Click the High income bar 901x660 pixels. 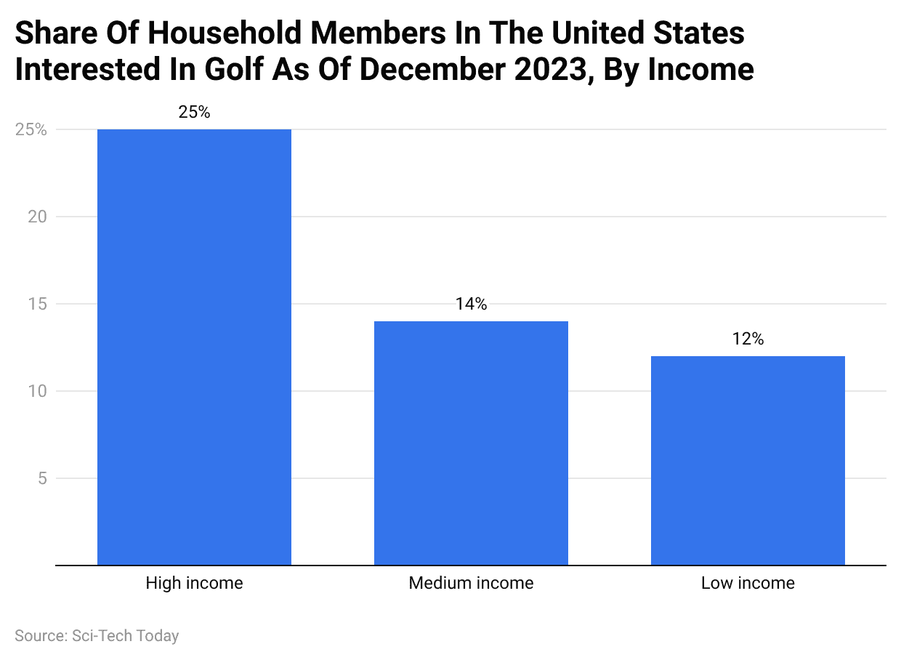pos(194,347)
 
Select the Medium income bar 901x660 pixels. pos(471,443)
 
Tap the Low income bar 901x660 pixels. pos(748,460)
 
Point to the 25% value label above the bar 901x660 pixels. pos(194,113)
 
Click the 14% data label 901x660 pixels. pos(471,305)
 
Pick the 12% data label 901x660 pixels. pos(748,339)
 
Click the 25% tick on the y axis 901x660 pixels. pos(31,130)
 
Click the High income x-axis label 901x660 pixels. pos(194,583)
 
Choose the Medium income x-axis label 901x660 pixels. pos(471,583)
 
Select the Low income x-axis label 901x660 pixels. pos(748,583)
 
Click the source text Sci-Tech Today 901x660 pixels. pos(125,635)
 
